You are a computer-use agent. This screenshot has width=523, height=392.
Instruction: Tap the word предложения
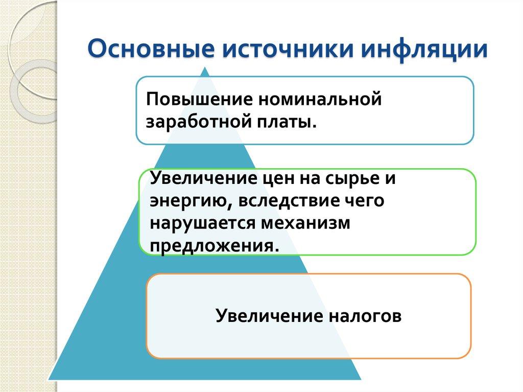point(214,245)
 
